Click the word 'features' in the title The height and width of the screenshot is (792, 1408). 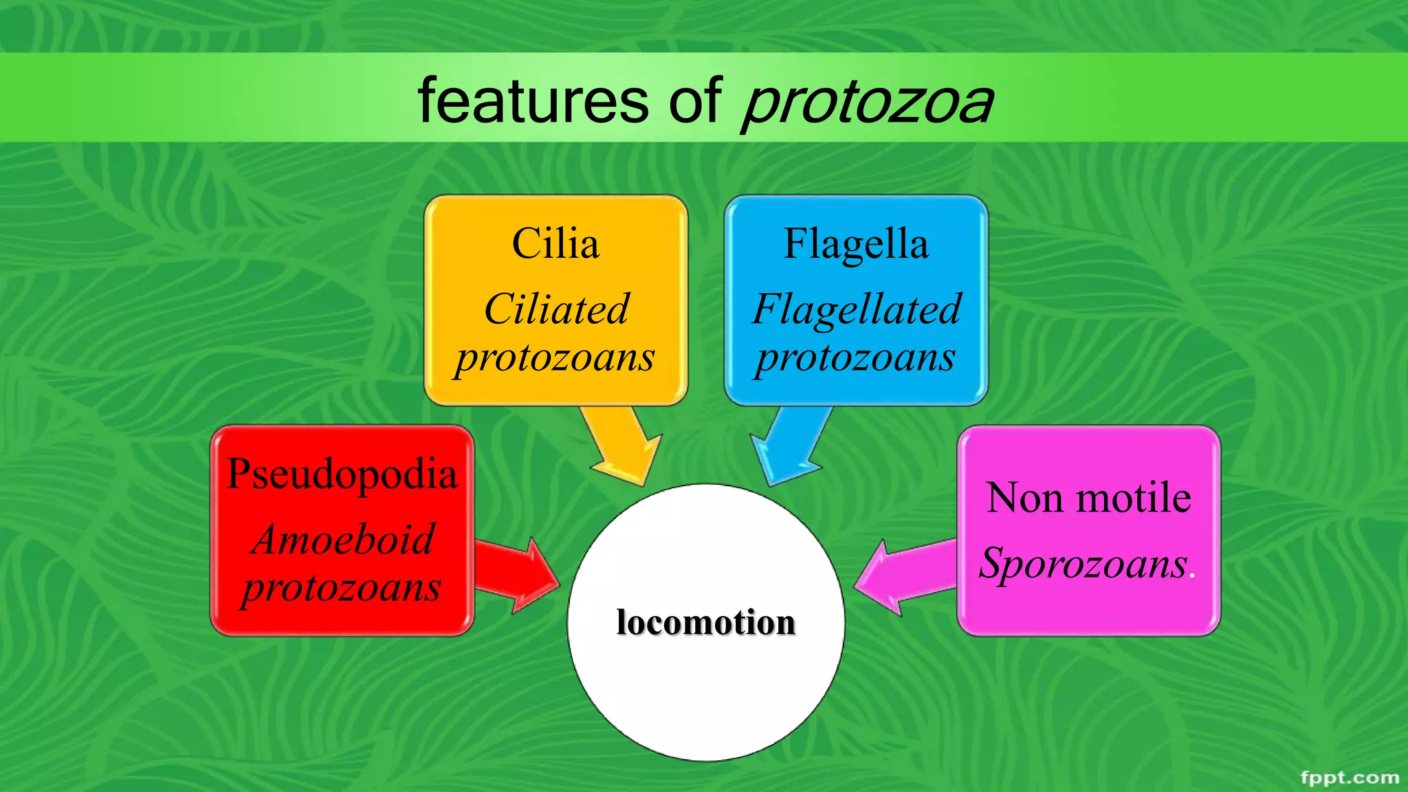point(533,102)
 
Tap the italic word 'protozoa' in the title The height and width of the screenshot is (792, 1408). point(868,103)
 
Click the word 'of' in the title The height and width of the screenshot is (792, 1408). point(695,102)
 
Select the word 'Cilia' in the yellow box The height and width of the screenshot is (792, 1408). point(555,243)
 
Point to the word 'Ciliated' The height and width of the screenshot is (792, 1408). point(556,309)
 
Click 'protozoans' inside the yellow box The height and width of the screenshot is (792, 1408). point(555,357)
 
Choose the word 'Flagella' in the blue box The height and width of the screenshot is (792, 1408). point(856,243)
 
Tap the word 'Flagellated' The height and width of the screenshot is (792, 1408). point(857,309)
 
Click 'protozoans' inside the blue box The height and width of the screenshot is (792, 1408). point(856,357)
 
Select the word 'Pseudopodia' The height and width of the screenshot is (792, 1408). point(342,474)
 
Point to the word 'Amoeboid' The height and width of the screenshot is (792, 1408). point(343,539)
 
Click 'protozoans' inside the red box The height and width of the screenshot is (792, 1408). point(342,588)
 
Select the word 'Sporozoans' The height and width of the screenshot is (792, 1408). point(1083,563)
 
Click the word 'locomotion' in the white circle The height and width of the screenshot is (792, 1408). point(706,622)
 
